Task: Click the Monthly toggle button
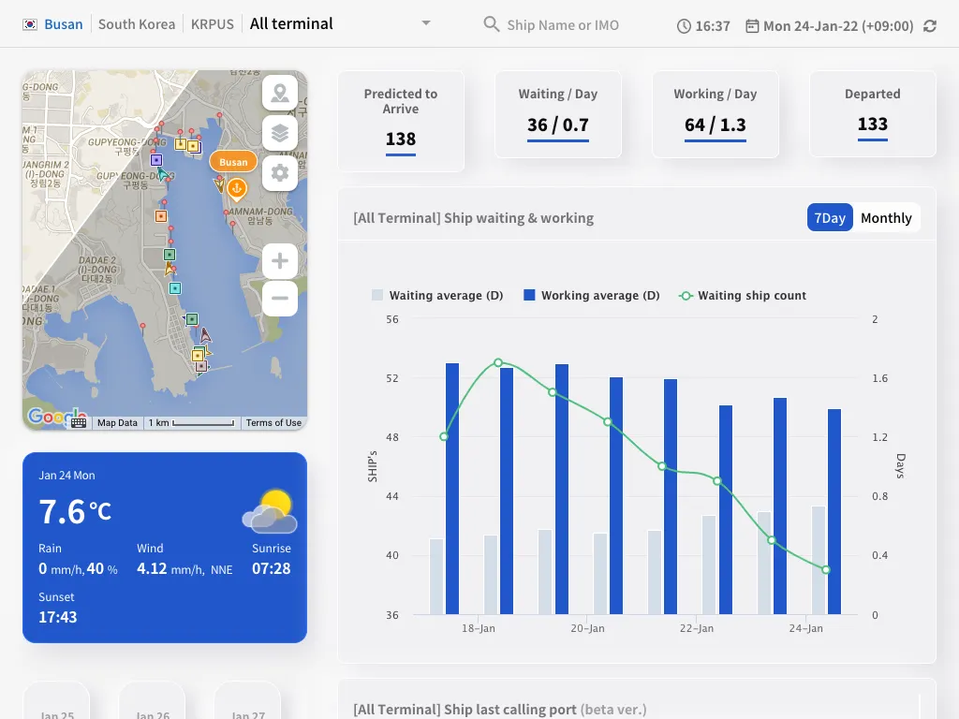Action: (886, 218)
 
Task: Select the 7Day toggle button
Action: (830, 218)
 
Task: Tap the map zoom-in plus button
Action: (280, 261)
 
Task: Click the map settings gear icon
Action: (280, 173)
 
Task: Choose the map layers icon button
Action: (280, 133)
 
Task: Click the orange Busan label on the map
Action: (233, 162)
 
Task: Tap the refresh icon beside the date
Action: (930, 26)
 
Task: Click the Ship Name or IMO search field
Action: (562, 25)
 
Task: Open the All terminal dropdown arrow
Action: (426, 23)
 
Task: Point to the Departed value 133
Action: (872, 125)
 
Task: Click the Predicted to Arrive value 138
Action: (400, 139)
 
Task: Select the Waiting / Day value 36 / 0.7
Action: (557, 125)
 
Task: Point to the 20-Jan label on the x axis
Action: (588, 629)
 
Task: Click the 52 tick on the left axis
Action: (391, 378)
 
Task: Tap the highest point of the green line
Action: (498, 362)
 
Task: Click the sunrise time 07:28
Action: (271, 568)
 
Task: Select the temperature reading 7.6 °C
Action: (75, 512)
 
